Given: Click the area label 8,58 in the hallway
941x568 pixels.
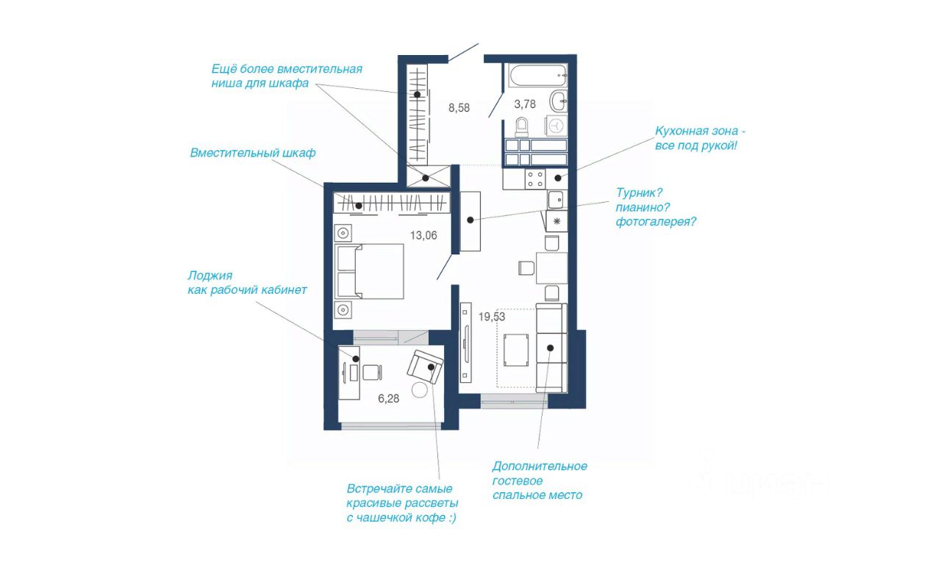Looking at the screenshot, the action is pyautogui.click(x=459, y=108).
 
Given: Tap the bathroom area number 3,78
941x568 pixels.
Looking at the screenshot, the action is pyautogui.click(x=525, y=104).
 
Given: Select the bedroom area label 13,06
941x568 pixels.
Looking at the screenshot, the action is pyautogui.click(x=423, y=236).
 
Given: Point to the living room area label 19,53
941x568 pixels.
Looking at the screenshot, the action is pyautogui.click(x=492, y=317).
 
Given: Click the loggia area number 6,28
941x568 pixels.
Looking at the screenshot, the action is pyautogui.click(x=389, y=398).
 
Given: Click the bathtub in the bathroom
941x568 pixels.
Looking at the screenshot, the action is pyautogui.click(x=537, y=76).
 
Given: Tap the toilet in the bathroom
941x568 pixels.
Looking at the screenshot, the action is pyautogui.click(x=521, y=127).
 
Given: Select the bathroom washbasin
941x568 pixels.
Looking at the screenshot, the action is pyautogui.click(x=559, y=101).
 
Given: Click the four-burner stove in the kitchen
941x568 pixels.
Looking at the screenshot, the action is pyautogui.click(x=535, y=179).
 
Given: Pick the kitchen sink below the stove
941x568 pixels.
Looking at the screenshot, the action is pyautogui.click(x=557, y=200).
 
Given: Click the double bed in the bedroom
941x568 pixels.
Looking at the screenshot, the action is pyautogui.click(x=369, y=271).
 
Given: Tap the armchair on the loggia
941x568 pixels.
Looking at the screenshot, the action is pyautogui.click(x=425, y=367).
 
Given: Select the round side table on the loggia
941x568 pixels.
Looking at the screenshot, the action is pyautogui.click(x=419, y=390).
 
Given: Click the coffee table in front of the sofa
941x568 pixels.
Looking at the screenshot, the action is pyautogui.click(x=516, y=350).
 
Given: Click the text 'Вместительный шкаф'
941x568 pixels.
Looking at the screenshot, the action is pyautogui.click(x=252, y=153).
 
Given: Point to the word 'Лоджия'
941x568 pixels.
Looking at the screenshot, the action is pyautogui.click(x=210, y=276).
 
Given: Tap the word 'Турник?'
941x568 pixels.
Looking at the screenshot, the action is pyautogui.click(x=639, y=193).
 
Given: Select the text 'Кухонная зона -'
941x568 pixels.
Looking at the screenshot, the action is pyautogui.click(x=700, y=131).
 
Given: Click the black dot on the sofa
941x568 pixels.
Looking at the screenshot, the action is pyautogui.click(x=550, y=348).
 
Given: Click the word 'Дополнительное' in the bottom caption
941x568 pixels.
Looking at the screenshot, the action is pyautogui.click(x=540, y=467).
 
